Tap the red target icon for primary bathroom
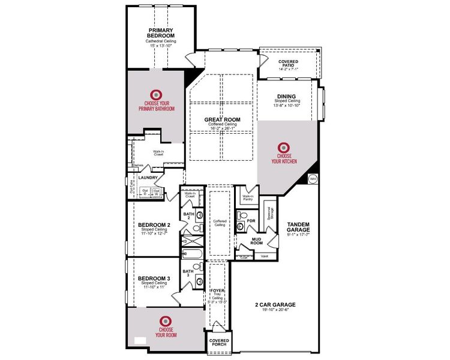pos(156,94)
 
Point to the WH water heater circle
pos(313,179)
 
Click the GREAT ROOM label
pos(223,119)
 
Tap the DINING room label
pos(286,96)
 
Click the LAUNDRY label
pos(148,178)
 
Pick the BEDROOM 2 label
pos(155,225)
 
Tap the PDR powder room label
pos(251,221)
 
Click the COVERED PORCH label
pos(218,342)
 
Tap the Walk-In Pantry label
pos(247,197)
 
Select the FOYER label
pos(217,290)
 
